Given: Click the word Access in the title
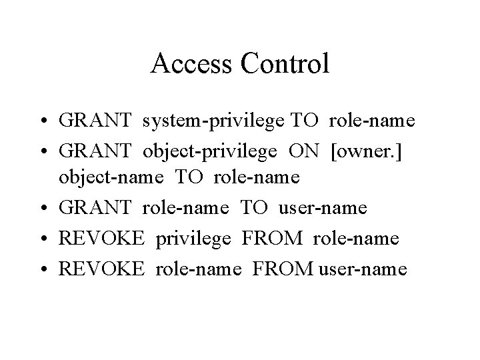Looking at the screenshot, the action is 190,64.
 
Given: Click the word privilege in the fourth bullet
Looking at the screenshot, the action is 195,237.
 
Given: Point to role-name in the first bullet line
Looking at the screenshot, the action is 372,121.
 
